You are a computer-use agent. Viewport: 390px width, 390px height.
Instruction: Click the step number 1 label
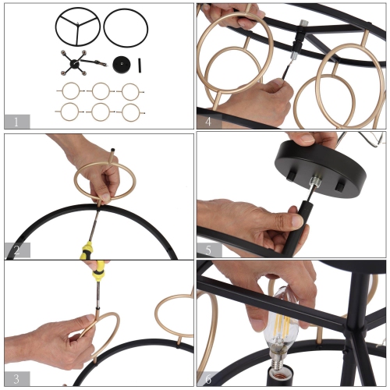16,122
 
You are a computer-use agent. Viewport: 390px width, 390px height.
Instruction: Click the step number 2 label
16,250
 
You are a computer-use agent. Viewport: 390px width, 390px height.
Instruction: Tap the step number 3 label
16,379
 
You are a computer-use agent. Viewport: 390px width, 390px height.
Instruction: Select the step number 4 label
208,122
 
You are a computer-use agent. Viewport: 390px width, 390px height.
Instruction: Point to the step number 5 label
208,250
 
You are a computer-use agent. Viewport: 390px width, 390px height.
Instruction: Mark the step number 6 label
208,379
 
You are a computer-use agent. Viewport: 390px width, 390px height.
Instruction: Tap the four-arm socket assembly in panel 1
74,63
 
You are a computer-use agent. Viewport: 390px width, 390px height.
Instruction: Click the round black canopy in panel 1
122,65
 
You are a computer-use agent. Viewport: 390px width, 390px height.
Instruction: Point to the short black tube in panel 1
140,66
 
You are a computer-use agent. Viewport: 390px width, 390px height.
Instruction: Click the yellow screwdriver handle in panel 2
87,250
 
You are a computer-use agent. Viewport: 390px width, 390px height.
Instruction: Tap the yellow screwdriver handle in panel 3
98,271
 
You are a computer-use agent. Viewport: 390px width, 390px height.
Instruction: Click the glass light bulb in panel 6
281,325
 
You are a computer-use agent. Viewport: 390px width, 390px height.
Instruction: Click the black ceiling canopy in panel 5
321,168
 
